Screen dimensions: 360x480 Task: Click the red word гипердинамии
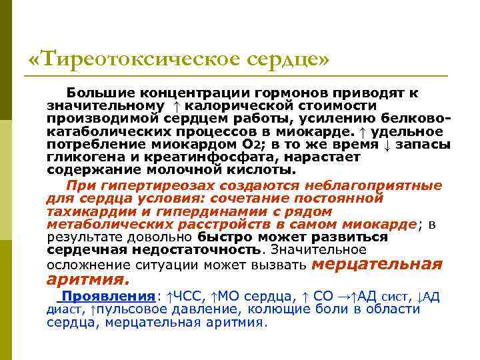[x=197, y=211]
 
